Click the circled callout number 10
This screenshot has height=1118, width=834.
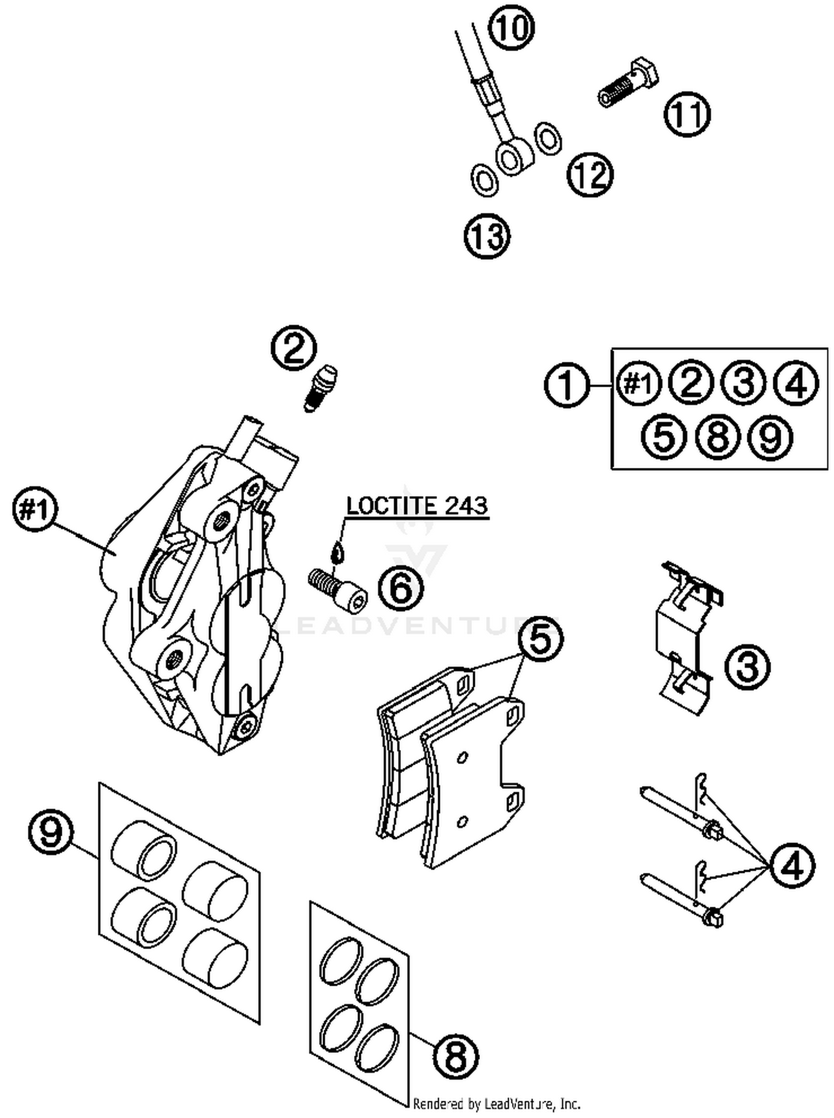pyautogui.click(x=511, y=28)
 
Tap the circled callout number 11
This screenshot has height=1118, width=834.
pyautogui.click(x=687, y=113)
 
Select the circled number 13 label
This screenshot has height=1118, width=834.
pyautogui.click(x=487, y=236)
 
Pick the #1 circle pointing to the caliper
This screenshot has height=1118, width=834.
pyautogui.click(x=35, y=509)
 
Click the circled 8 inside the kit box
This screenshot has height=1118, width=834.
pyautogui.click(x=717, y=436)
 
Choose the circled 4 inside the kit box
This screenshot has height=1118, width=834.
pyautogui.click(x=797, y=383)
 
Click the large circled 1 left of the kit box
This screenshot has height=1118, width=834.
pyautogui.click(x=567, y=385)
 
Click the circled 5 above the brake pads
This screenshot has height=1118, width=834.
pyautogui.click(x=540, y=639)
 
